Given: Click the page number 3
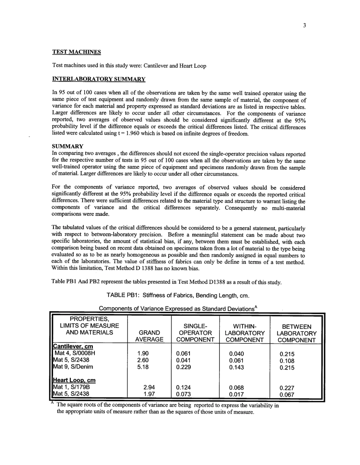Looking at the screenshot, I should (304, 26).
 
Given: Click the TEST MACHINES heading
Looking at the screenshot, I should (76, 52).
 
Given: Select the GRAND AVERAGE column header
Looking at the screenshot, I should (149, 336).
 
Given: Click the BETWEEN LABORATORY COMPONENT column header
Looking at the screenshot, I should (297, 333).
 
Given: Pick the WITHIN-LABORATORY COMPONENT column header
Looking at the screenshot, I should (244, 333).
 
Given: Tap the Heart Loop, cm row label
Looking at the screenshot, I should (74, 380).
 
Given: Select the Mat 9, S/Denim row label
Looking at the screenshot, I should (73, 367).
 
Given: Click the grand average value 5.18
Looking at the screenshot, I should (142, 367).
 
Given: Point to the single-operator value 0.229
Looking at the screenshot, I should (184, 367).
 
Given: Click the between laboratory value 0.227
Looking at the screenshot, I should (287, 388).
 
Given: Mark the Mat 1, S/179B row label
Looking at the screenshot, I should (72, 387).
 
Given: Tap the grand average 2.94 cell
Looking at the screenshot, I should (149, 387).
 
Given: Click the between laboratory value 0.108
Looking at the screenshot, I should (287, 360).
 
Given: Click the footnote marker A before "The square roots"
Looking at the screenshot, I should (53, 403).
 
